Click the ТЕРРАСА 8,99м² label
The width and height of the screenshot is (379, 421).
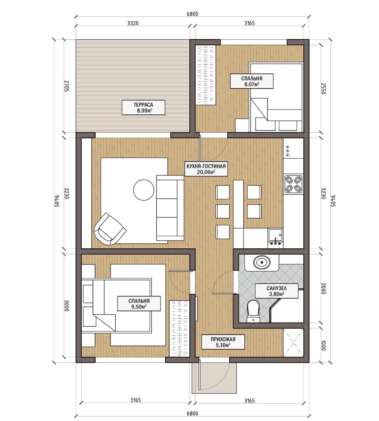click(143, 107)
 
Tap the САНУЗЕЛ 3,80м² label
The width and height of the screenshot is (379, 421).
click(276, 291)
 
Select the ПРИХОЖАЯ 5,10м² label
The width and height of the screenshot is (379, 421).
click(223, 342)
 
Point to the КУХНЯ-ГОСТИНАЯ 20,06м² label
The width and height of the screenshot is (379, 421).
click(206, 169)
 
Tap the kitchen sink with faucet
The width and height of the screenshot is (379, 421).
click(275, 237)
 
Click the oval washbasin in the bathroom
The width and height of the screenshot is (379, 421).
click(262, 262)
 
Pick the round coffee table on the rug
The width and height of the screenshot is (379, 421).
click(144, 190)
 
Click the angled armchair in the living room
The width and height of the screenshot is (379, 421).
click(110, 229)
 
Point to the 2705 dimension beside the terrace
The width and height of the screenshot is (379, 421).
click(67, 86)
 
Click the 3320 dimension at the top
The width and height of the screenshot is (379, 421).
click(133, 23)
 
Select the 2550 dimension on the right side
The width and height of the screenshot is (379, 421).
click(323, 88)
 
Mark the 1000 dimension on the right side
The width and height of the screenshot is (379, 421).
click(323, 345)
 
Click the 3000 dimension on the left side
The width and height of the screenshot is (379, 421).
click(67, 305)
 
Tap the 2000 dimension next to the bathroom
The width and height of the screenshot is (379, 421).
click(323, 288)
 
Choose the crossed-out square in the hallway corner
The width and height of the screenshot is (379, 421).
click(293, 342)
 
